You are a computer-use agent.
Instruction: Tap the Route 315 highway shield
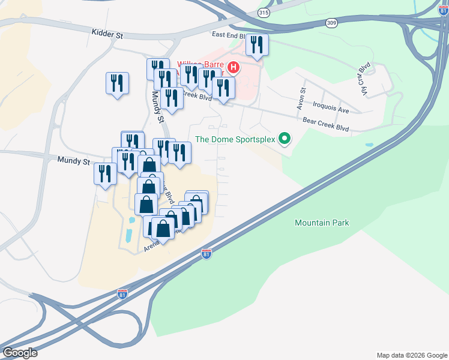[x=264, y=12]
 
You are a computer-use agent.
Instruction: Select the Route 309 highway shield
[x=332, y=22]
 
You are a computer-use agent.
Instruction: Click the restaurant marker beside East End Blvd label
[x=257, y=45]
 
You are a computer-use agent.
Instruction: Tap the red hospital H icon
[x=234, y=67]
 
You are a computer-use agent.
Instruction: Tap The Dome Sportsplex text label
[x=235, y=140]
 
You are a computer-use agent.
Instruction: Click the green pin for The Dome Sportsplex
[x=285, y=140]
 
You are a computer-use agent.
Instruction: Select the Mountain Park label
[x=322, y=223]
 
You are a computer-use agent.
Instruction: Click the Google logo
[x=20, y=353]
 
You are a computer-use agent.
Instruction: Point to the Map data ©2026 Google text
[x=411, y=355]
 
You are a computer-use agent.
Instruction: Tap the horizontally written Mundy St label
[x=74, y=161]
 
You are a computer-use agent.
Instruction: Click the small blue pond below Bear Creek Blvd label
[x=368, y=145]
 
